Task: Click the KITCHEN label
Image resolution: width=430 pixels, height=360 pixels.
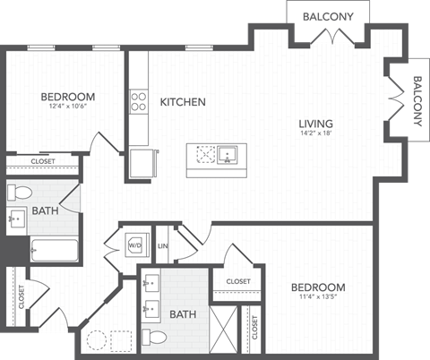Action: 183,102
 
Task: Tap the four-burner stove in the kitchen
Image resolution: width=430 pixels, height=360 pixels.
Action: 139,100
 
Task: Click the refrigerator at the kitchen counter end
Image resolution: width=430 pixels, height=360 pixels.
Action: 142,164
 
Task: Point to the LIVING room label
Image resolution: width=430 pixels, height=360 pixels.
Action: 317,124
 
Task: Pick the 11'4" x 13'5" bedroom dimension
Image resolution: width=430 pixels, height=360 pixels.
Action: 318,300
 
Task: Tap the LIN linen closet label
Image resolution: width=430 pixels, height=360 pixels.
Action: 163,244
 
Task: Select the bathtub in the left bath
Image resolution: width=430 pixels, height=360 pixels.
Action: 54,249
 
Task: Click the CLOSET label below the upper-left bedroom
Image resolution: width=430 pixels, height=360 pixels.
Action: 42,162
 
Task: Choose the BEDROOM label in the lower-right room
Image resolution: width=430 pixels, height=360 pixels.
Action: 318,287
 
